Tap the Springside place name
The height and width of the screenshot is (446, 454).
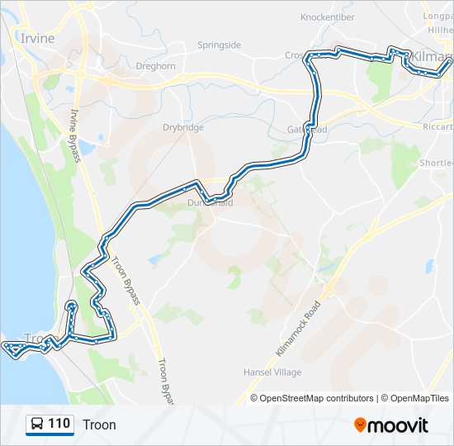point(219,45)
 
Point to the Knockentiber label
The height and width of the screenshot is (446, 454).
point(327,17)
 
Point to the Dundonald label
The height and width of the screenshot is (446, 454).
point(210,202)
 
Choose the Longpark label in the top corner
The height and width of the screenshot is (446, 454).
point(437,16)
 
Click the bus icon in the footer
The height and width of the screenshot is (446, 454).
point(37,425)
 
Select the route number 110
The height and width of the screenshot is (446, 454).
point(59,425)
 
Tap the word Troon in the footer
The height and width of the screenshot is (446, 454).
point(99,425)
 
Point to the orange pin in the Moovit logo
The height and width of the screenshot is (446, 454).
point(361,425)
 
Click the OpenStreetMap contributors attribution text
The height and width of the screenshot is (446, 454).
point(317,398)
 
